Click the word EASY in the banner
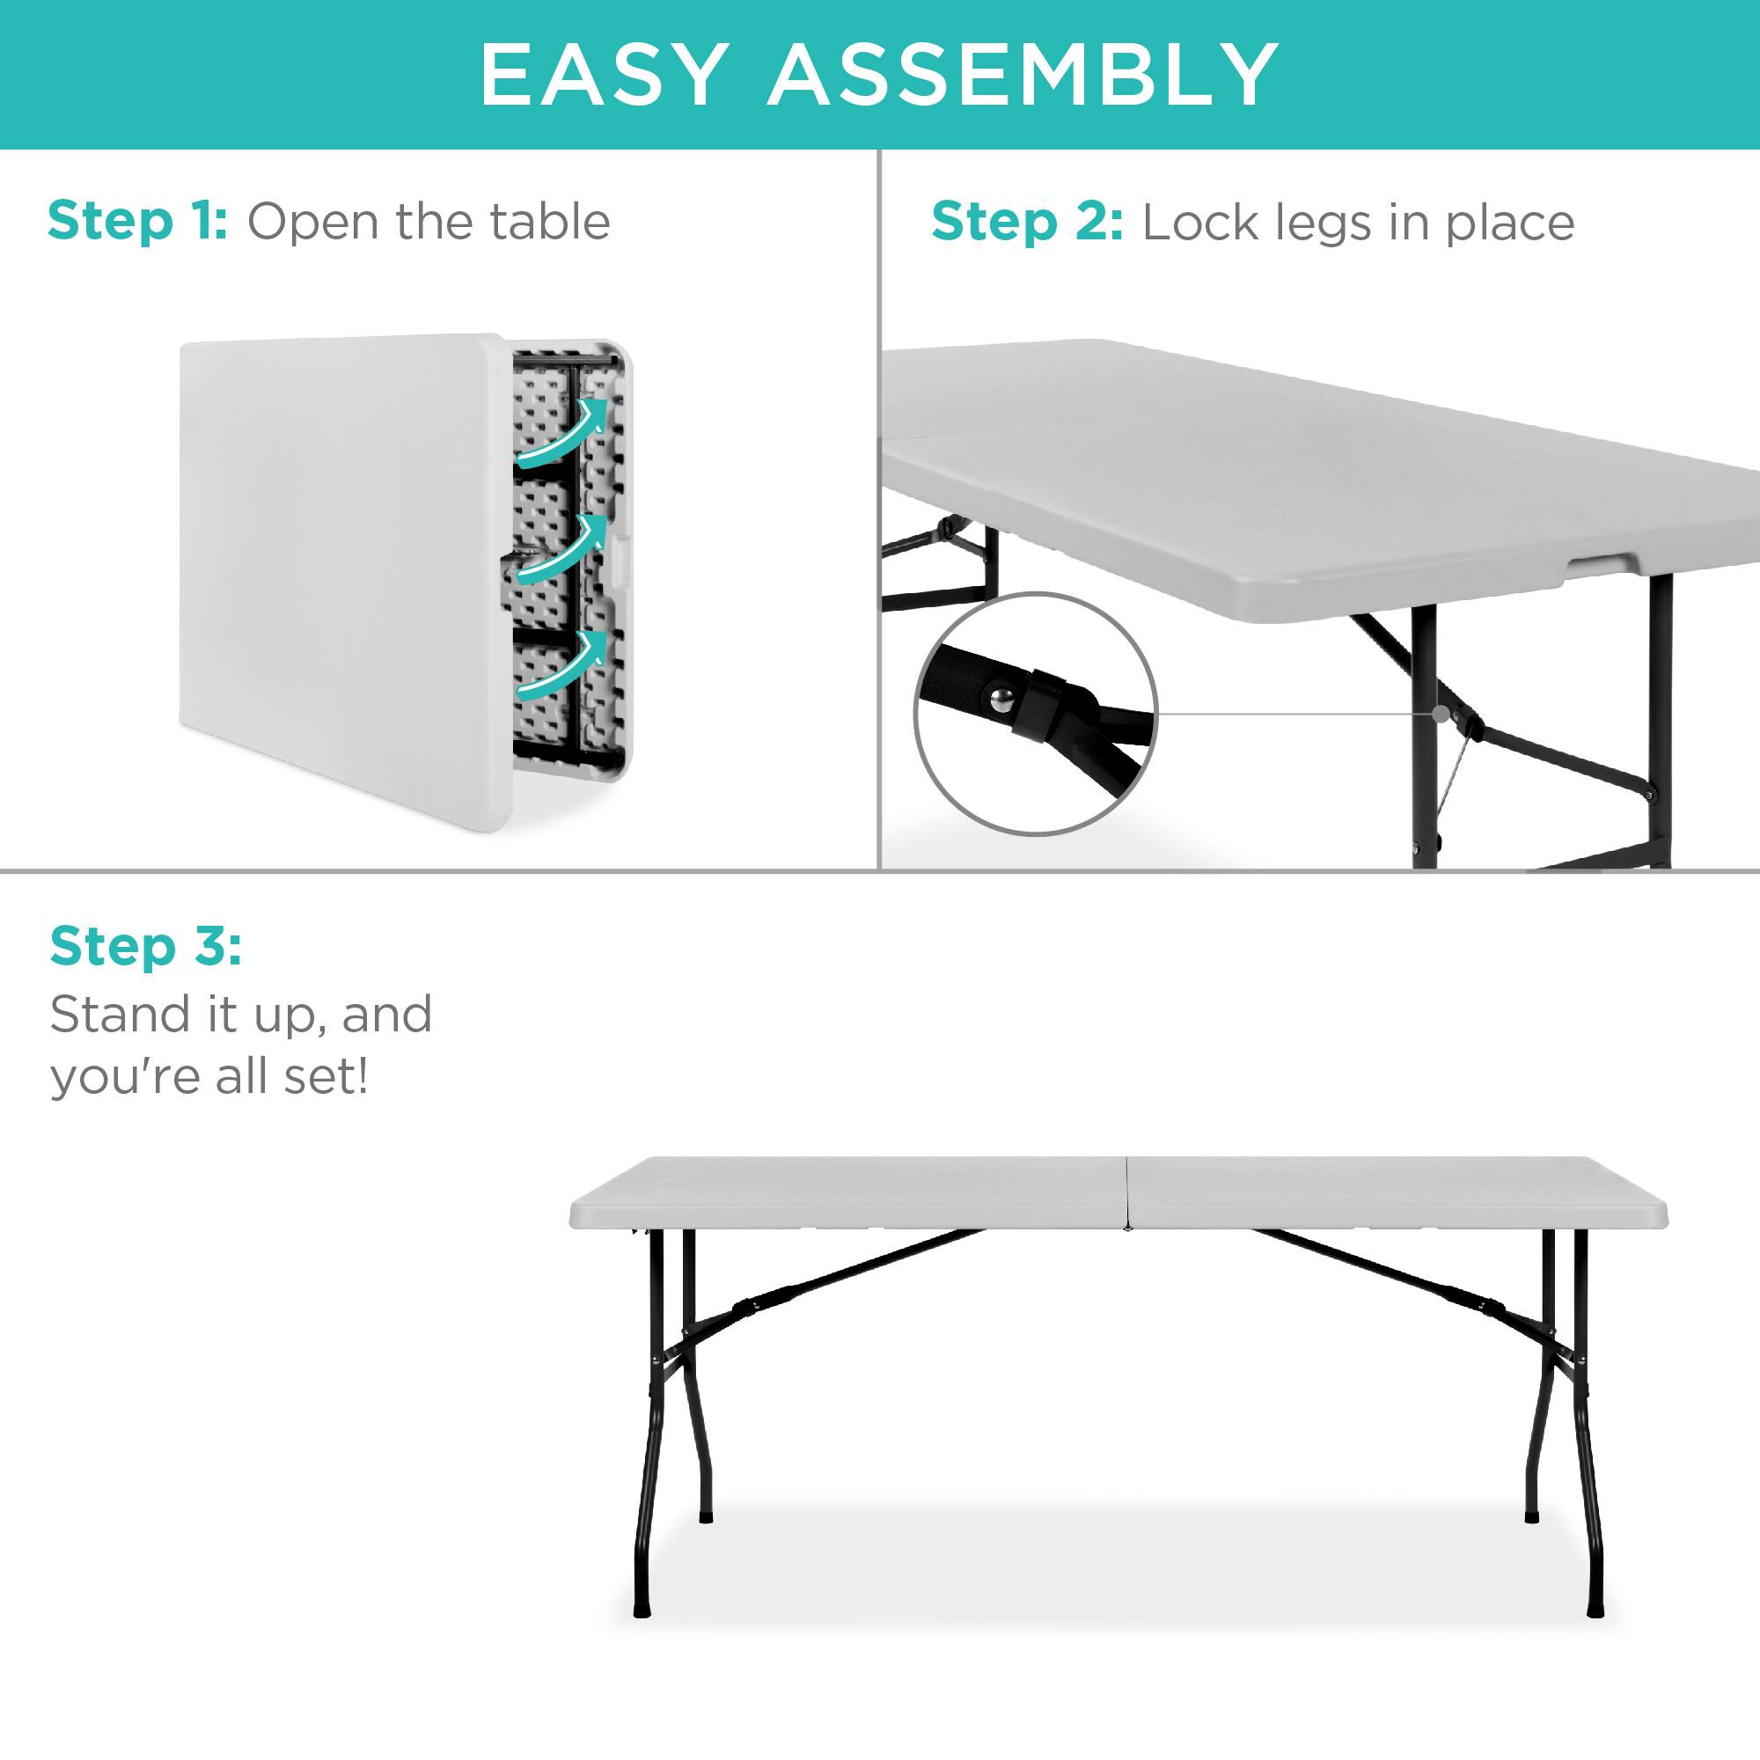point(603,75)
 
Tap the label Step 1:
point(137,222)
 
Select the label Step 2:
point(1027,224)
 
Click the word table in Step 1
point(549,222)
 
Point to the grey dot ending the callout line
point(1440,715)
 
